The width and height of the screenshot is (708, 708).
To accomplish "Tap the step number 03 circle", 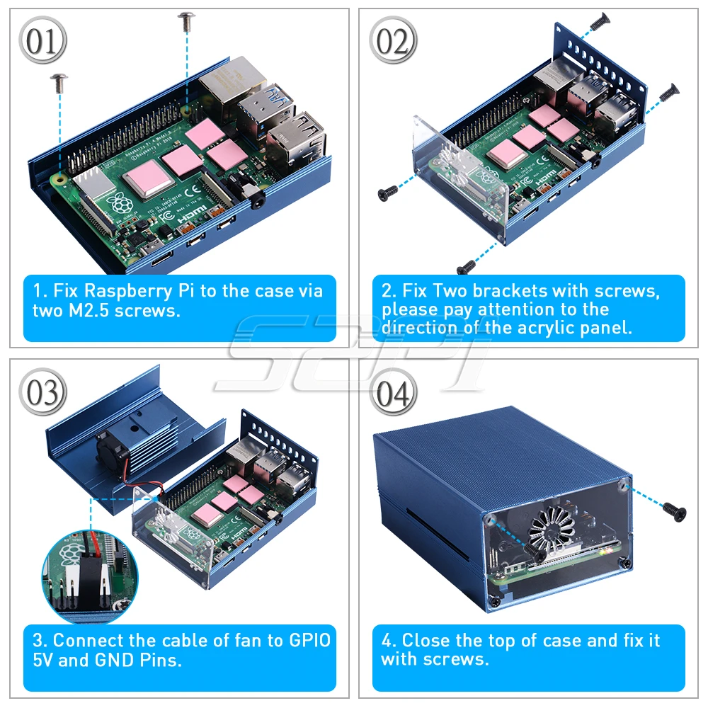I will (43, 392).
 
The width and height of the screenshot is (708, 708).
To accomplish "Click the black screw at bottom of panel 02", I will (466, 266).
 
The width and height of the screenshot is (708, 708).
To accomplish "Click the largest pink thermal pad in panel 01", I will (149, 183).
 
